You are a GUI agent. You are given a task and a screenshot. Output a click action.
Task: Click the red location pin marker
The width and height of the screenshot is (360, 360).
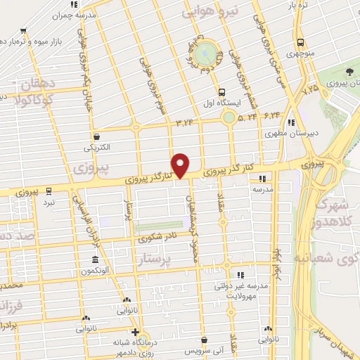(181, 165)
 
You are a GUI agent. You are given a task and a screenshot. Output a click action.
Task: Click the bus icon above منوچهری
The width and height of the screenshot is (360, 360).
(300, 41)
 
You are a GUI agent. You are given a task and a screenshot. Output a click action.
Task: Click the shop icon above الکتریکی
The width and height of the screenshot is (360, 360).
(96, 136)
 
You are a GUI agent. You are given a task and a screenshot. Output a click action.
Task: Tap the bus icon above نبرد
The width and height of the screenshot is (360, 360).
(49, 190)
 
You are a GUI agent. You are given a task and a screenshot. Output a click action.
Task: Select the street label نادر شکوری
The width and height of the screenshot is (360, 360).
(163, 237)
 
